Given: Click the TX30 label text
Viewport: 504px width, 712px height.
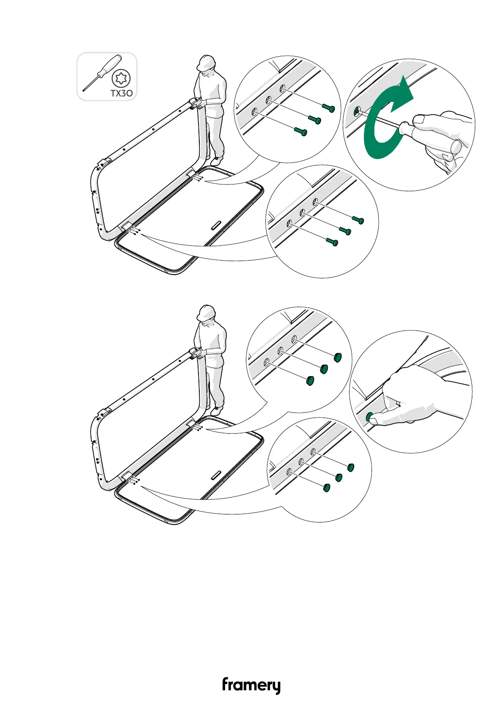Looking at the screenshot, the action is (x=121, y=93).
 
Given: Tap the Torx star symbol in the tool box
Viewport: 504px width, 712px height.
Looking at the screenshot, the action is (x=121, y=78).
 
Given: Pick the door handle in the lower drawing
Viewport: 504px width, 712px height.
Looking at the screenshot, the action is (x=216, y=475).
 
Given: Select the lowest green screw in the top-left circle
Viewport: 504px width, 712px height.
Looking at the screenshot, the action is (x=301, y=132).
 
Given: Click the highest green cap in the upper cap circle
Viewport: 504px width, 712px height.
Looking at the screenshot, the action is (x=337, y=357).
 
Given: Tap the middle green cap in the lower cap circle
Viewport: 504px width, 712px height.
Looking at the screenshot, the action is (x=338, y=478).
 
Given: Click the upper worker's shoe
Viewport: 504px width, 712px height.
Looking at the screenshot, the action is (x=217, y=161).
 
